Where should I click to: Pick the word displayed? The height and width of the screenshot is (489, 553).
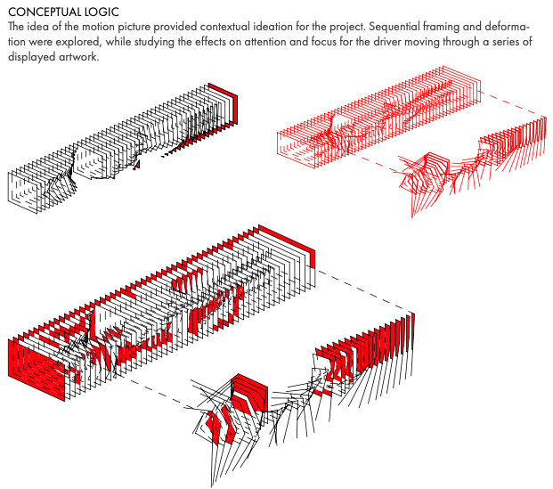coord(31,57)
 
